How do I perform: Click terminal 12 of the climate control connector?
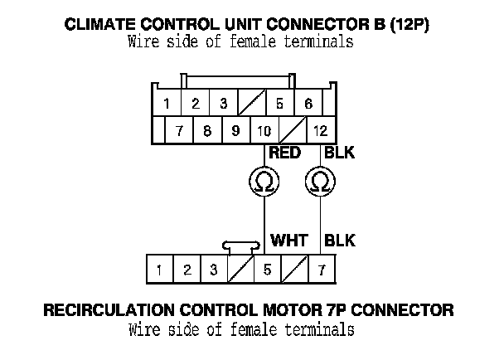click(321, 130)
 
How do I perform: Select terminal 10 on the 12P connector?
click(264, 130)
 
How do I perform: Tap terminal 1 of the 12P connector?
click(167, 104)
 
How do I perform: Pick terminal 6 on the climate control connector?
click(308, 104)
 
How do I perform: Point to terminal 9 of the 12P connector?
click(235, 130)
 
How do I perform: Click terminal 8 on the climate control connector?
click(207, 130)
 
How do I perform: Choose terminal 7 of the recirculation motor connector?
click(321, 269)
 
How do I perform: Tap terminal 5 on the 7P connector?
click(267, 269)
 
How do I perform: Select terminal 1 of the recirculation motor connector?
click(159, 269)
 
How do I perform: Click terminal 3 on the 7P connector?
click(213, 269)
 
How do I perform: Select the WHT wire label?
click(289, 241)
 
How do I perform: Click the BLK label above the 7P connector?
click(340, 241)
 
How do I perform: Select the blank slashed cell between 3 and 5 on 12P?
click(251, 104)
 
